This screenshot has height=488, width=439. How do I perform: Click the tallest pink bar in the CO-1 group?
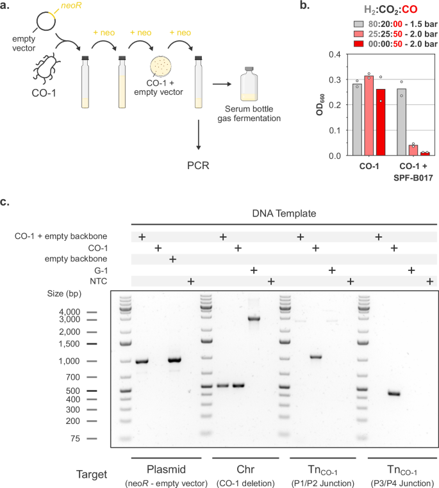click(369, 115)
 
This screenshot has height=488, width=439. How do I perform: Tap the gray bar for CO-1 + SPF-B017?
click(402, 122)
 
